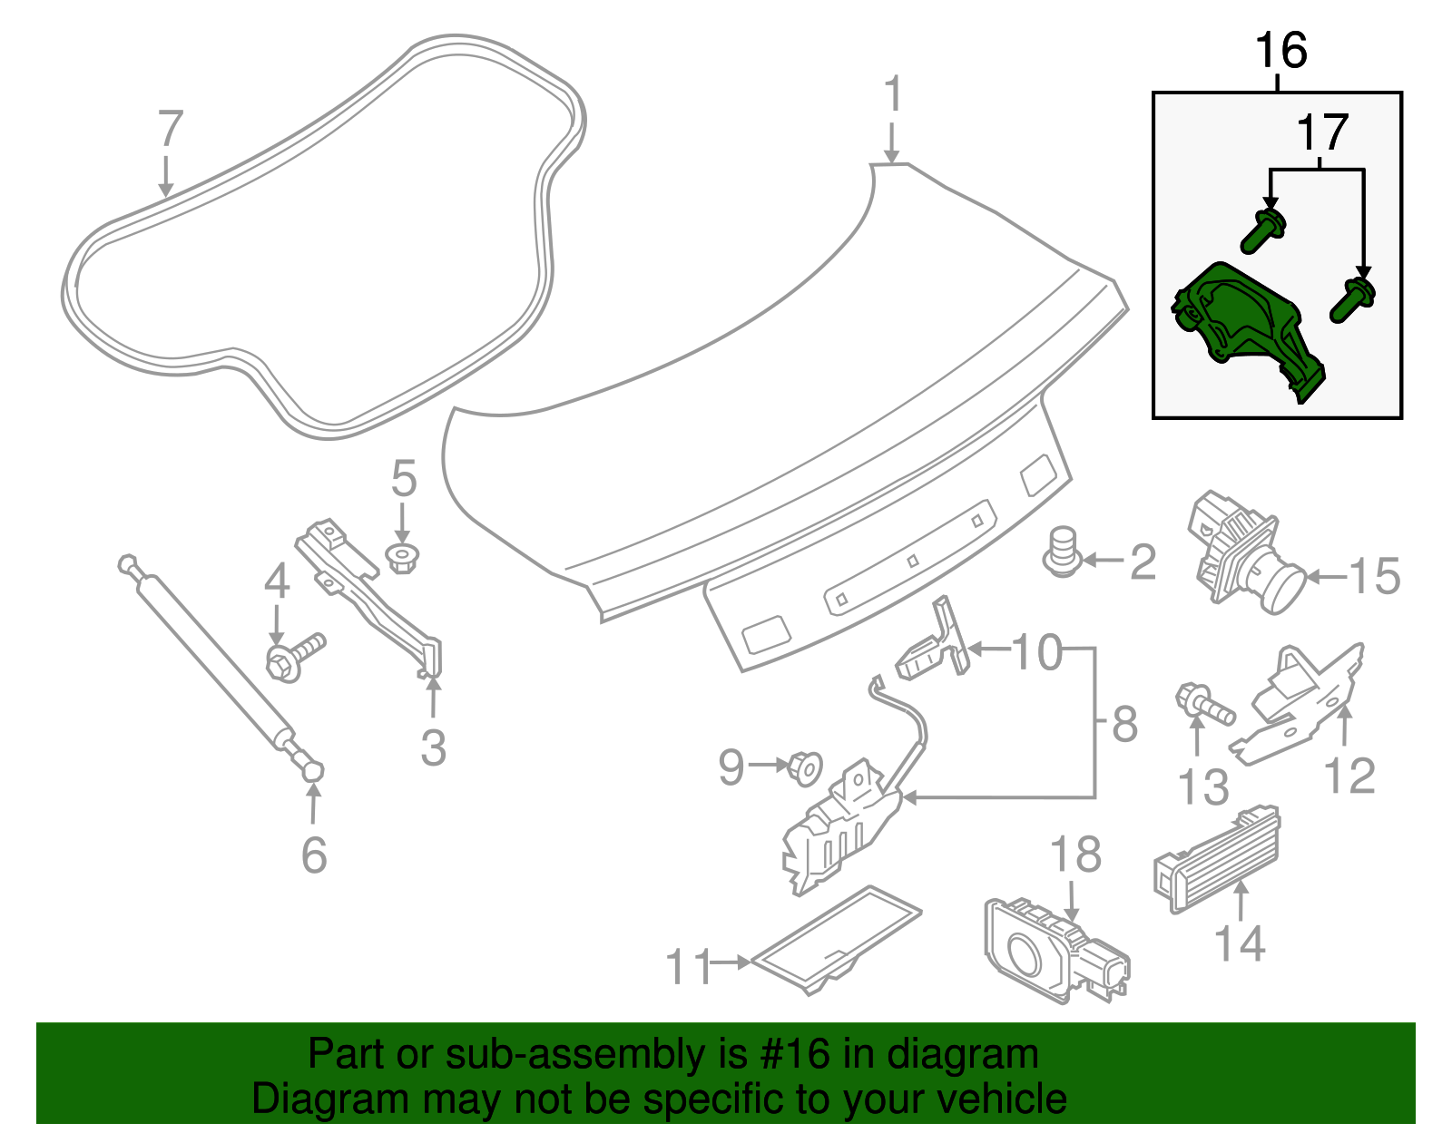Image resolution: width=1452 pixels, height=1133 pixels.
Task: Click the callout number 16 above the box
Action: click(1280, 51)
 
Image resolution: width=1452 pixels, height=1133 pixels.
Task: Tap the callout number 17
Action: click(1322, 133)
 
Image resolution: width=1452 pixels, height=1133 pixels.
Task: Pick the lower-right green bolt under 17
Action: click(1353, 300)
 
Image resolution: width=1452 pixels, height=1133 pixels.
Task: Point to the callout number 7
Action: click(171, 129)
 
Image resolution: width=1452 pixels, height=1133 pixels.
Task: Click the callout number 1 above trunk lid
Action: click(893, 94)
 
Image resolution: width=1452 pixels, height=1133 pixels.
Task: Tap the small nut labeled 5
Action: click(402, 557)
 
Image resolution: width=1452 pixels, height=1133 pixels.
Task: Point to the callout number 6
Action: click(314, 855)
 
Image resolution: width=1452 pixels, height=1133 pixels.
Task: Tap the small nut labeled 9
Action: click(804, 767)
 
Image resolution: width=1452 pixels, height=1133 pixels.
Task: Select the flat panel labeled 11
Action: click(835, 939)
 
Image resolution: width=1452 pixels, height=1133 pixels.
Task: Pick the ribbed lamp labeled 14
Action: click(1216, 857)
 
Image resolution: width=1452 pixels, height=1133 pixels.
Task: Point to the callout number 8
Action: click(1124, 725)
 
